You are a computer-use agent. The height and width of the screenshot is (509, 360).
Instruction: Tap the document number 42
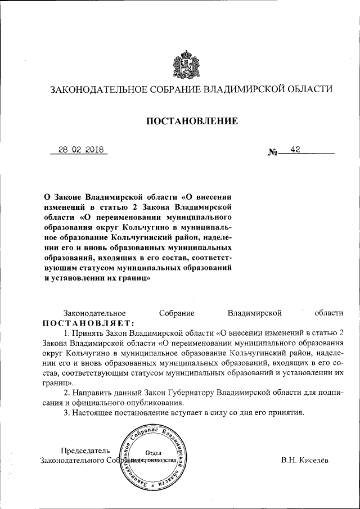point(295,150)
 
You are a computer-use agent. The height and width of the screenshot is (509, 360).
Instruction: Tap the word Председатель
point(85,450)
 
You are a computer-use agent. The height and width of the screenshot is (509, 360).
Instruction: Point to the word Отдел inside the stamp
point(154,453)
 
